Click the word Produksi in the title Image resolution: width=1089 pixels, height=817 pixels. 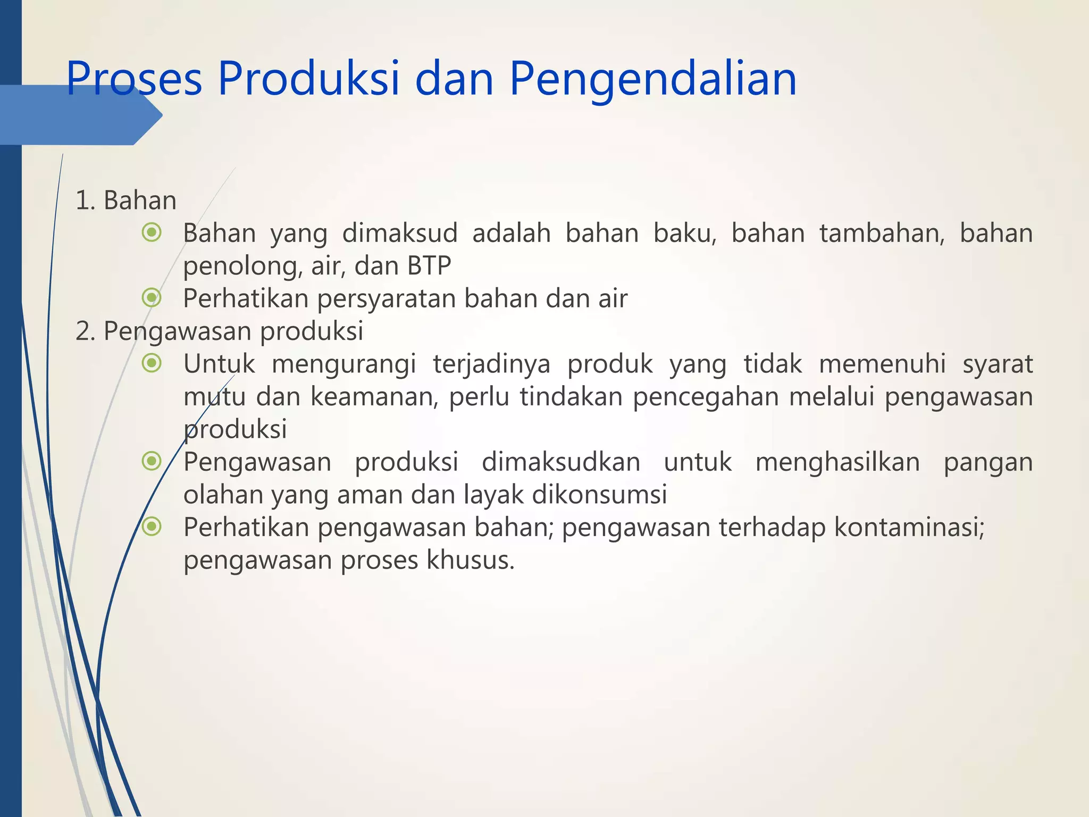308,78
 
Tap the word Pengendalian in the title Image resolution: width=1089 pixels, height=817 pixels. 653,78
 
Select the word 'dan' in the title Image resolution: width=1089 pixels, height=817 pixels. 454,78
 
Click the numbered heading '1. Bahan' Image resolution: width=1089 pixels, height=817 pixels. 126,201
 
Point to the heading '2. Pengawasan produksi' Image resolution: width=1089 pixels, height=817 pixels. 219,331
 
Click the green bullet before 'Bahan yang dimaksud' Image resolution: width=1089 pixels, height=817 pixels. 152,232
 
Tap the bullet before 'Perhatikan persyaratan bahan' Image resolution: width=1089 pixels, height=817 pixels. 152,298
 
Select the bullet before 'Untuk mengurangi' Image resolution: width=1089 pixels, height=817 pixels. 152,363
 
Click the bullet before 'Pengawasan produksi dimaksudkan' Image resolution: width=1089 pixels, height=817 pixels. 152,461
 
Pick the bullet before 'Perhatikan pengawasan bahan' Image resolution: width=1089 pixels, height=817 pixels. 152,527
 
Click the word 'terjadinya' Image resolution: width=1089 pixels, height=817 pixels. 491,364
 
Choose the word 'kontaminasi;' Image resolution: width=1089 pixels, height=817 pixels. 909,527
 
